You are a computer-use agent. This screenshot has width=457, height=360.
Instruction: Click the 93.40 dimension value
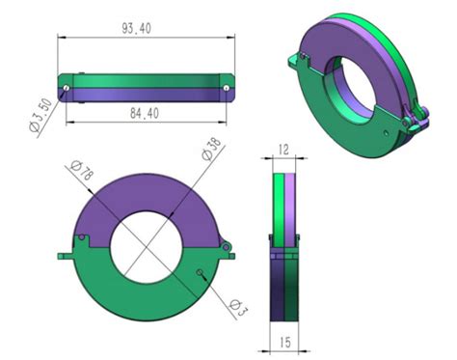(136, 29)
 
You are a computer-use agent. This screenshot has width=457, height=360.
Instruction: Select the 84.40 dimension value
(145, 113)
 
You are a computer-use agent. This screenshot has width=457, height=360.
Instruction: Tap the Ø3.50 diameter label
(40, 115)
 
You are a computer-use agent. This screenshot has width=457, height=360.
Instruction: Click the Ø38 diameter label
(212, 149)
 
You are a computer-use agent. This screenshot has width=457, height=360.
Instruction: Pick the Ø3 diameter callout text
(239, 307)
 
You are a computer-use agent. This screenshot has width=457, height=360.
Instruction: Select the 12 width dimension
(283, 150)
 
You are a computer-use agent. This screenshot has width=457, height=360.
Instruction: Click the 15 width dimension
(285, 342)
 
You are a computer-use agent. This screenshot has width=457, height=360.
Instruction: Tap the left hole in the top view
(67, 88)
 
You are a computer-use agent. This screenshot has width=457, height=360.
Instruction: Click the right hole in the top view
(227, 88)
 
